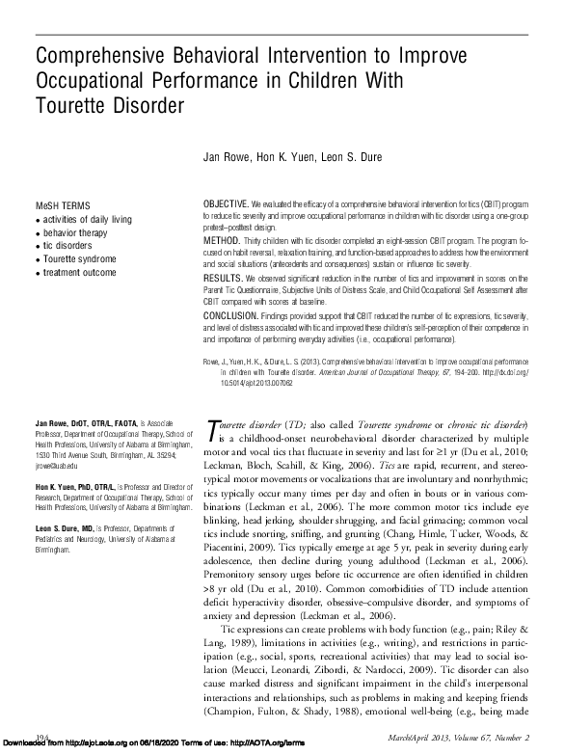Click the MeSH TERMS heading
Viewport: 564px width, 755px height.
click(64, 206)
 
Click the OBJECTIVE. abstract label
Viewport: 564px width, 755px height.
click(226, 205)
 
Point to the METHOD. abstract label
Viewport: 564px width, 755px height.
click(221, 238)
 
